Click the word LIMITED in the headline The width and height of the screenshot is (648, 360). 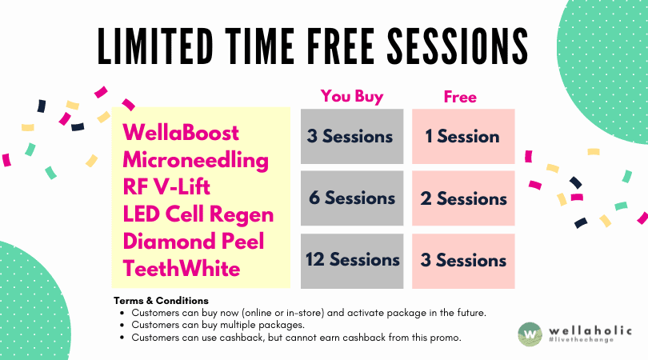coord(156,46)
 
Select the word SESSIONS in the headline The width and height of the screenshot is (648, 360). coord(458,46)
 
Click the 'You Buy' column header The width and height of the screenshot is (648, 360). coord(352,97)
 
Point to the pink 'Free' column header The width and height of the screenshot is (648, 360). coord(460,97)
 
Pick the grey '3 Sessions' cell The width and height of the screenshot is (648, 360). coord(352,136)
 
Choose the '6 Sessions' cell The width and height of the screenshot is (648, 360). coord(352,198)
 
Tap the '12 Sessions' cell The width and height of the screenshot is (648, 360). coord(352,261)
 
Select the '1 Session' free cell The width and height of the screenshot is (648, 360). coord(463,136)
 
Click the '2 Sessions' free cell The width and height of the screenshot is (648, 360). coord(463,198)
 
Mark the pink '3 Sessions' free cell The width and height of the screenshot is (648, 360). coord(463,261)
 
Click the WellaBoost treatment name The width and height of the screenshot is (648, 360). coord(181,133)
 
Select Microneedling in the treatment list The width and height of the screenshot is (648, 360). coord(196,160)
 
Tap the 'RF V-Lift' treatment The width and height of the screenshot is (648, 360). coord(166,187)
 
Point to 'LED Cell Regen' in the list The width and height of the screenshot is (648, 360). coord(198,214)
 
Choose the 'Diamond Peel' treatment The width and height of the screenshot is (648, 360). coord(194,242)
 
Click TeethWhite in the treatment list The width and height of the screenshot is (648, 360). coord(182,269)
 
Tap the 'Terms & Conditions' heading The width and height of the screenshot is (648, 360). coord(161,301)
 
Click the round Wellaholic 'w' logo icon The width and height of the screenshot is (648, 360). coord(530,334)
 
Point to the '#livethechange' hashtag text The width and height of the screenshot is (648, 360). coord(582,340)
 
